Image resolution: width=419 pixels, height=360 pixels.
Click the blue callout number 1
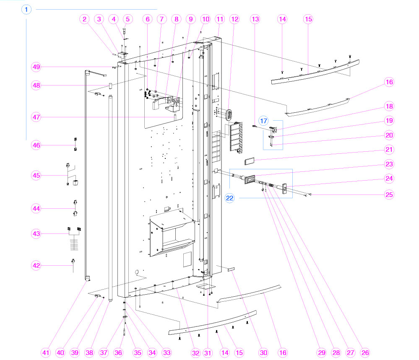coord(26,9)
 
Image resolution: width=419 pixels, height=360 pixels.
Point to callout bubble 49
coord(36,67)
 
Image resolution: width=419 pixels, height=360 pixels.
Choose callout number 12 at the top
coord(234,19)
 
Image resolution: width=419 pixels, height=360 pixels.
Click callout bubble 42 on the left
coord(36,265)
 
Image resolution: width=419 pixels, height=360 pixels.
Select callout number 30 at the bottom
coord(263,353)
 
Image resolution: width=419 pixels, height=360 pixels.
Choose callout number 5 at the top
coord(128,19)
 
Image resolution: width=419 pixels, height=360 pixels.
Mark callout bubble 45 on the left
coord(36,175)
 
